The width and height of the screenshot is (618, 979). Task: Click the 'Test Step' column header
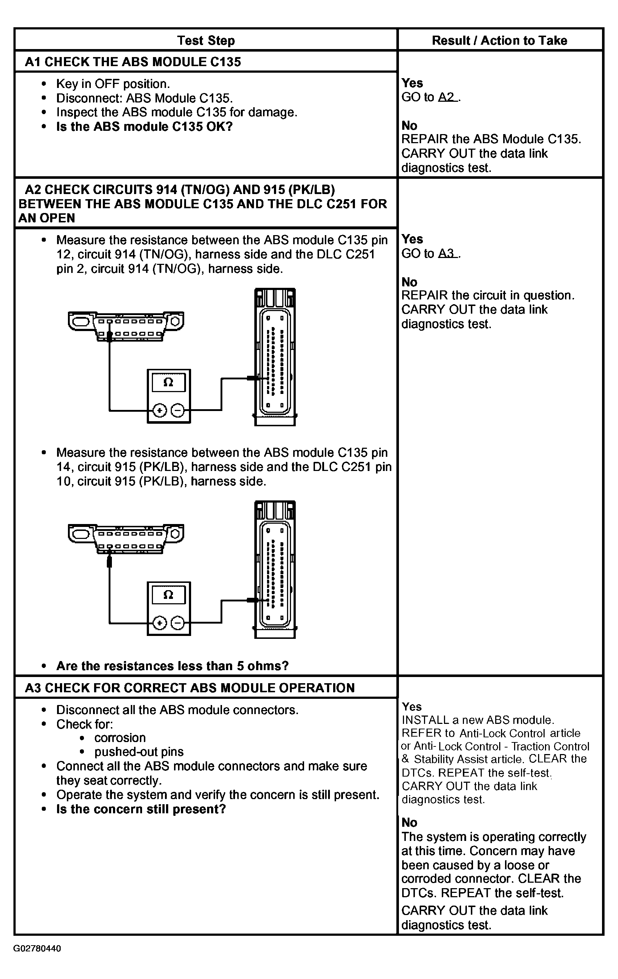[206, 40]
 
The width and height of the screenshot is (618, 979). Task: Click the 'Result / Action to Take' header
[499, 40]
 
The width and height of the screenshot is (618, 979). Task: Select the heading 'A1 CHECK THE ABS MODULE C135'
[133, 62]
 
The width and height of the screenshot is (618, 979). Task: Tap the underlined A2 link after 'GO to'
[448, 97]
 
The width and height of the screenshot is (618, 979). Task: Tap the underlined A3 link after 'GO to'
[448, 253]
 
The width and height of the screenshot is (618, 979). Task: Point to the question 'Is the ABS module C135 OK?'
[144, 126]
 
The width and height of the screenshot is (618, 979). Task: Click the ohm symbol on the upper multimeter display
[168, 382]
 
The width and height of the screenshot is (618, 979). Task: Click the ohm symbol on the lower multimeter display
[168, 595]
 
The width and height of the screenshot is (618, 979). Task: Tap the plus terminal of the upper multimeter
[159, 411]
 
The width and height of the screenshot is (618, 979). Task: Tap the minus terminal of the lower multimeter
[178, 623]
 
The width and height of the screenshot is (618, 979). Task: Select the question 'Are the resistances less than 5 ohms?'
[172, 666]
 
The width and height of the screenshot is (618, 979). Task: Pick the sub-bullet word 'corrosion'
[120, 738]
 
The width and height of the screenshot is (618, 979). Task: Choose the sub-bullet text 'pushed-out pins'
[139, 752]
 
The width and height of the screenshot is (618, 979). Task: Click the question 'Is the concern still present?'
[141, 809]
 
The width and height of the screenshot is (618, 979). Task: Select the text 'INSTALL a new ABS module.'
[478, 720]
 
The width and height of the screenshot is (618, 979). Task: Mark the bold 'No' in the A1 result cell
[409, 126]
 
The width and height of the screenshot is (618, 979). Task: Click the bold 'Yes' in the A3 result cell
[412, 706]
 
